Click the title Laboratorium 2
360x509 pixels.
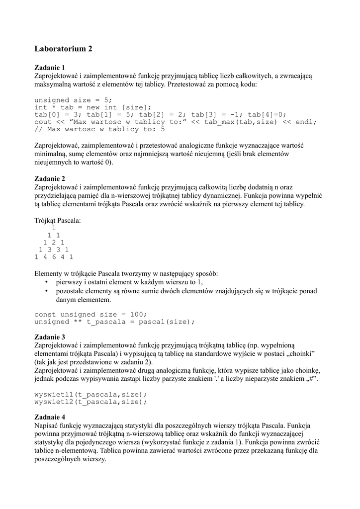tap(63, 49)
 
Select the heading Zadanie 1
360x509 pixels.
tap(49, 68)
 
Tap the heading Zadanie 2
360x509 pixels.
tap(49, 178)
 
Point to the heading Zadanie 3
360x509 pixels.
tap(49, 337)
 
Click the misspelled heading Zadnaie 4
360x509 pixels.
tap(49, 417)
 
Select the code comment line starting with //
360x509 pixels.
tap(99, 129)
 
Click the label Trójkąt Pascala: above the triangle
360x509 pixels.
tap(57, 220)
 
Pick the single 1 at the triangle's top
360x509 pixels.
tap(54, 228)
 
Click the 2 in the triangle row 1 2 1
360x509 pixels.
tap(54, 242)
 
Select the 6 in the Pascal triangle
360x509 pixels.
tap(54, 257)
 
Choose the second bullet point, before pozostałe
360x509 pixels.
tap(46, 291)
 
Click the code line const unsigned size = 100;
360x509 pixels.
tap(90, 314)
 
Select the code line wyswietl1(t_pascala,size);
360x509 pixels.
tap(90, 394)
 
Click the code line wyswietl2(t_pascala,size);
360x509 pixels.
tap(90, 402)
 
